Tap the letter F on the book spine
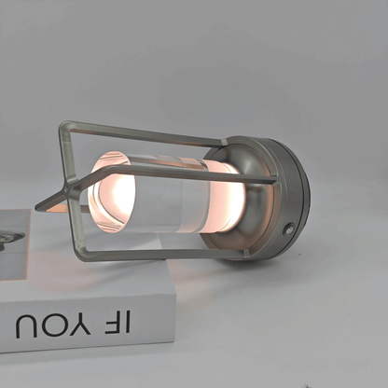click(x=112, y=322)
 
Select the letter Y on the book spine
click(x=81, y=324)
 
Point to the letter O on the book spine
click(x=53, y=326)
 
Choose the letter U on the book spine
click(x=26, y=326)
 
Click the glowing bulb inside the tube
click(x=117, y=194)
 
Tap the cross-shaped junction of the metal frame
click(x=67, y=188)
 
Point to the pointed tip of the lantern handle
click(x=36, y=208)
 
